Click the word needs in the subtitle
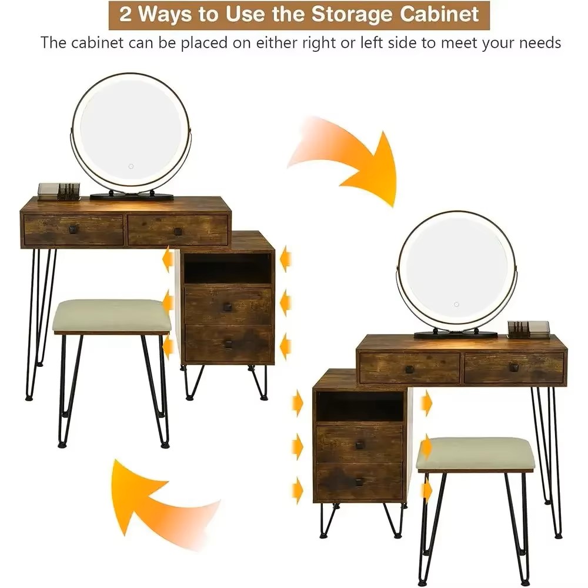tap(540, 43)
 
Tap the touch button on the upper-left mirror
tap(131, 166)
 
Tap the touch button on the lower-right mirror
tap(456, 304)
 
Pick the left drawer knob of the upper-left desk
tap(73, 228)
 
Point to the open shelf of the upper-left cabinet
tap(227, 268)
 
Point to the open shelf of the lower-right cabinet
tap(359, 406)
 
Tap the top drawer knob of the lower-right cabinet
tap(359, 445)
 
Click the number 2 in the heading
tap(125, 15)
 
